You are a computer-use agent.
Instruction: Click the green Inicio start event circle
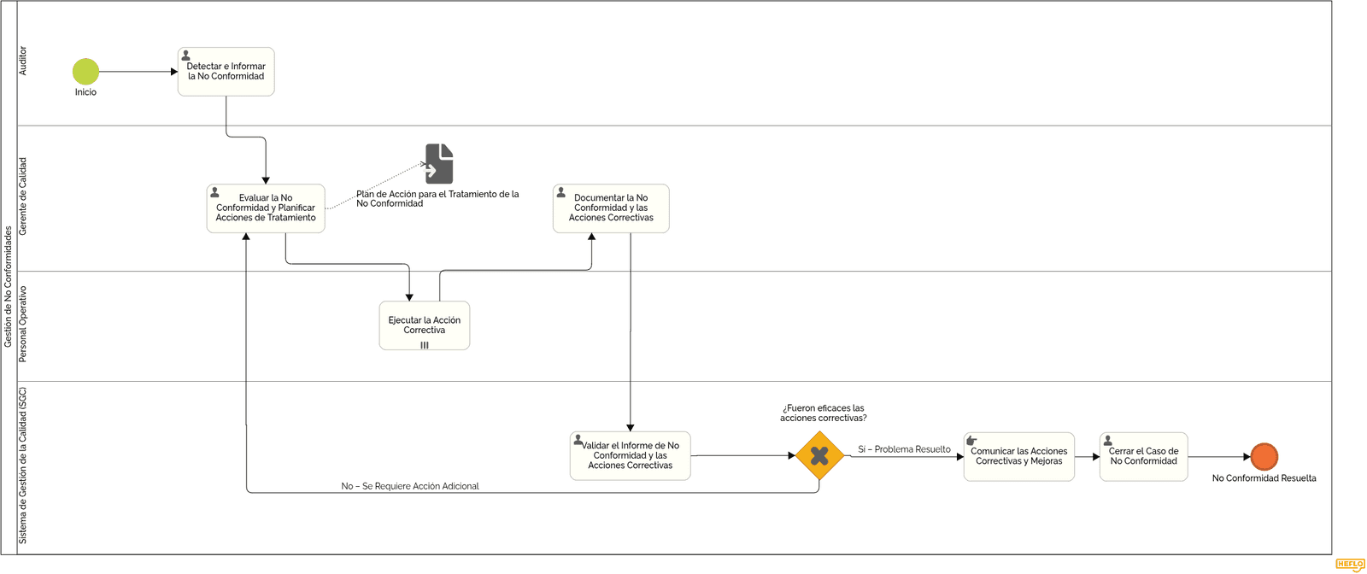tap(85, 72)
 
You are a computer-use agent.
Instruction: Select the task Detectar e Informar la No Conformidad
tap(226, 72)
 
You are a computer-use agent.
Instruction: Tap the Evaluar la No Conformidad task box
tap(266, 208)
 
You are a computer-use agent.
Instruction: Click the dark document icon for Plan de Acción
tap(439, 163)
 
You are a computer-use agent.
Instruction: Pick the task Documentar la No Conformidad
tap(611, 208)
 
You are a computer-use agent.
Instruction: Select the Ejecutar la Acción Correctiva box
tap(424, 325)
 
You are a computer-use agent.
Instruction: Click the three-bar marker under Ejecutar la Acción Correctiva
tap(424, 345)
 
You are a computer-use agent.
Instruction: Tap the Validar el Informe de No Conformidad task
tap(631, 455)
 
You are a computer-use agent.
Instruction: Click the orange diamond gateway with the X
tap(819, 455)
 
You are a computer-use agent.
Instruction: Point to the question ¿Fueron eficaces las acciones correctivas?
tap(824, 413)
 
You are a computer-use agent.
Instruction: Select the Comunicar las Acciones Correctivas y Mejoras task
tap(1019, 456)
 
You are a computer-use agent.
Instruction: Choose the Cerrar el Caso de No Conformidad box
tap(1144, 456)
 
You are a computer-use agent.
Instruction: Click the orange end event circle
tap(1264, 456)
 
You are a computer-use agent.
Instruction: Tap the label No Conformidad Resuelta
tap(1264, 478)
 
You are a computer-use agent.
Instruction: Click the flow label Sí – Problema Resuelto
tap(904, 449)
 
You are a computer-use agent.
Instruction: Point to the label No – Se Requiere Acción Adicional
tap(409, 486)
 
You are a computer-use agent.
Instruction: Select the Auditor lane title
tap(23, 61)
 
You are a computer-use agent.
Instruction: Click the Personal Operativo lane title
tap(23, 324)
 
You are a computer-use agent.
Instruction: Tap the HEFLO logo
tap(1349, 565)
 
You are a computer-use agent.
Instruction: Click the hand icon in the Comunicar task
tap(971, 441)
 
